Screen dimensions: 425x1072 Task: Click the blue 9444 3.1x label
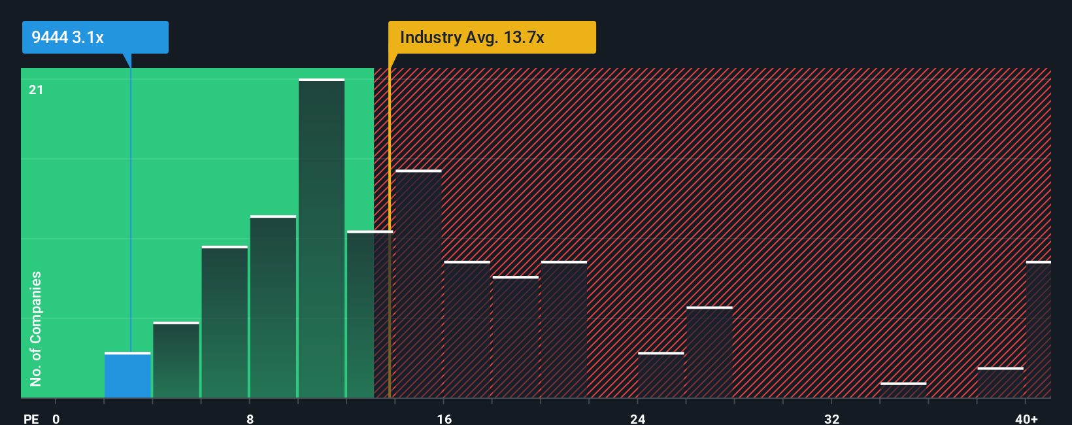tap(95, 37)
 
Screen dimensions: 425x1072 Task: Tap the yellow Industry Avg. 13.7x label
tap(492, 37)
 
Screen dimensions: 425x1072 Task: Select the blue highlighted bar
tap(127, 375)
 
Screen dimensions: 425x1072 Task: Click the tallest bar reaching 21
tap(322, 239)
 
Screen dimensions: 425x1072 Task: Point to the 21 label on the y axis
tap(36, 90)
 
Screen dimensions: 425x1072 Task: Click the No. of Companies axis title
tap(36, 328)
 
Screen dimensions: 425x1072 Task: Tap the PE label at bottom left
tap(31, 418)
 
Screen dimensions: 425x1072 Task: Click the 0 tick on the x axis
tap(56, 418)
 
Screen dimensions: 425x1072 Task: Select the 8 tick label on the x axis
tap(250, 418)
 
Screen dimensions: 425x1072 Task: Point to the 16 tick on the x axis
tap(444, 418)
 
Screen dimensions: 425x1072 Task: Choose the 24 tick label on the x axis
tap(638, 418)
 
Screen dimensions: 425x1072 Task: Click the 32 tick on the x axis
tap(831, 418)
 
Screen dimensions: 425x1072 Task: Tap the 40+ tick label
tap(1026, 418)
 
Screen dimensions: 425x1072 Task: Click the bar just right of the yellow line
tap(418, 284)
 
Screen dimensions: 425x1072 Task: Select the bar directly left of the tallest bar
tap(273, 307)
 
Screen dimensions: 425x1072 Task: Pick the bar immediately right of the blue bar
tap(176, 360)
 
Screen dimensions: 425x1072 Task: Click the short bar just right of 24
tap(661, 375)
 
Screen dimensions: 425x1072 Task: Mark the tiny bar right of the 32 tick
tap(903, 390)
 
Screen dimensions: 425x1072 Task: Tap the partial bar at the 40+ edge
tap(1038, 330)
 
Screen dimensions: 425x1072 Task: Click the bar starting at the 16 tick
tap(467, 330)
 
